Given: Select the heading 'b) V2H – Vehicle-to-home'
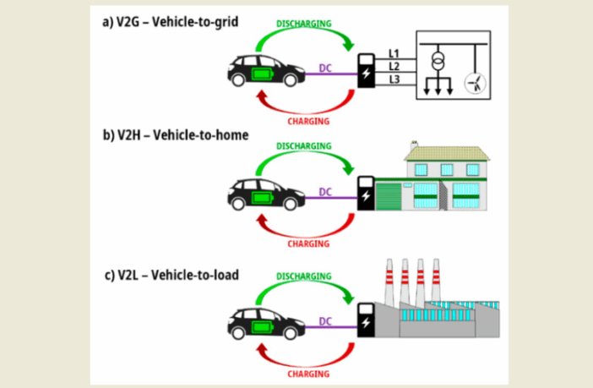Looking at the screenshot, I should (x=170, y=136).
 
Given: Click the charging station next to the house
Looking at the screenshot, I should (x=365, y=193).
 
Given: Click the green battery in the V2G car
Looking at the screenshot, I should (x=258, y=77).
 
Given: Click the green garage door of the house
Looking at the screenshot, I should (x=388, y=194).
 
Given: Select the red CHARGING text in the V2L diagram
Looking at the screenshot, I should (x=308, y=373).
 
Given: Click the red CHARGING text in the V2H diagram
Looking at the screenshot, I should (x=308, y=243).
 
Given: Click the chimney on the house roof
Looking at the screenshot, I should (x=414, y=145).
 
